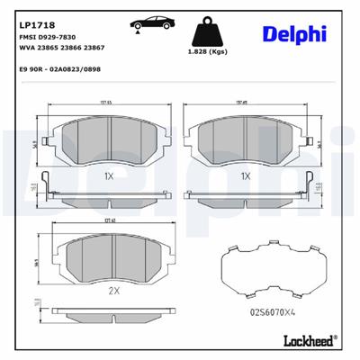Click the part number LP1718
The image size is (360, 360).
tap(32, 13)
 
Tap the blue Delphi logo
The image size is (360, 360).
tap(294, 34)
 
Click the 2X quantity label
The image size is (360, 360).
tap(114, 291)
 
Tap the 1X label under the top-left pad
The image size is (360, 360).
tap(108, 175)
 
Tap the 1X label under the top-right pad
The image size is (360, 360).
tap(245, 175)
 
